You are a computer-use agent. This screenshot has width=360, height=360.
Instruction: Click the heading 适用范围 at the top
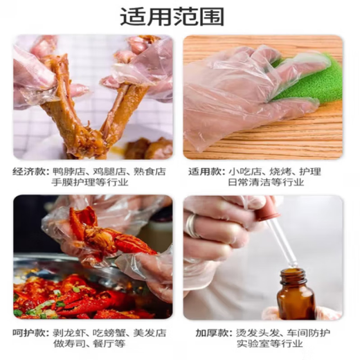[x=180, y=17]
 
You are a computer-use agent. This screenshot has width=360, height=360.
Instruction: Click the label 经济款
[x=28, y=170]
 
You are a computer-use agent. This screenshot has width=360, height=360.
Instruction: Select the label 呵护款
[x=28, y=331]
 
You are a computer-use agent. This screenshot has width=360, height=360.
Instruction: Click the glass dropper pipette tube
[x=280, y=239]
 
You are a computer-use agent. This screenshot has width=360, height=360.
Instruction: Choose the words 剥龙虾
[x=69, y=331]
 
